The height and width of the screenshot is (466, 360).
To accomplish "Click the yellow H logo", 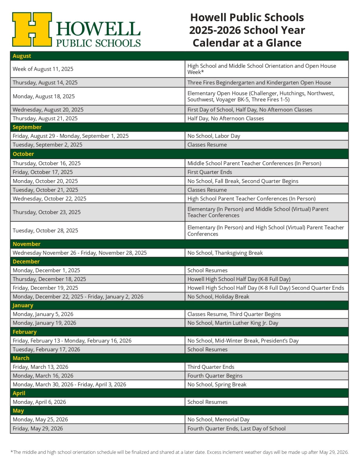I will pyautogui.click(x=32, y=29).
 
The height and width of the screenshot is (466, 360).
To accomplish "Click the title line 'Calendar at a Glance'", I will pyautogui.click(x=247, y=43).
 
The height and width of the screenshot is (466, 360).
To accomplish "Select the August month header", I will pyautogui.click(x=22, y=56).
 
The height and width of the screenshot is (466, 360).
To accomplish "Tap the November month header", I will pyautogui.click(x=26, y=244).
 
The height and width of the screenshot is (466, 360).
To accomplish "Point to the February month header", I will pyautogui.click(x=25, y=332).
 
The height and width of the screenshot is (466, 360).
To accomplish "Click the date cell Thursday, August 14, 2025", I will pyautogui.click(x=45, y=83).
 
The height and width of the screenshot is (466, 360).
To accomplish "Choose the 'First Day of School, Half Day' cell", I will pyautogui.click(x=250, y=110).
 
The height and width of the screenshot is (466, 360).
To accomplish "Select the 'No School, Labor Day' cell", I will pyautogui.click(x=214, y=136).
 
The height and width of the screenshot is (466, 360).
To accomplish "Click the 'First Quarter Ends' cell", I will pyautogui.click(x=210, y=172).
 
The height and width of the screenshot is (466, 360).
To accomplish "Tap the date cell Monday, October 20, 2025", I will pyautogui.click(x=45, y=181).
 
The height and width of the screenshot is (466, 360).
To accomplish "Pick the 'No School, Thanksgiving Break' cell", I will pyautogui.click(x=225, y=253).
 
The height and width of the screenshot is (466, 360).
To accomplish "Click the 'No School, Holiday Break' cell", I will pyautogui.click(x=218, y=296).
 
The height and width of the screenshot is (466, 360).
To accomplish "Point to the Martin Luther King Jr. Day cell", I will pyautogui.click(x=233, y=323).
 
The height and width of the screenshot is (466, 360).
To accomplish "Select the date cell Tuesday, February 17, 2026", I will pyautogui.click(x=46, y=349).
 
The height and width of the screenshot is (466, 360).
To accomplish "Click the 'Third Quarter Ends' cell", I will pyautogui.click(x=211, y=367).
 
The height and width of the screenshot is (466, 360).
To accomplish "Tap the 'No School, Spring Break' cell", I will pyautogui.click(x=217, y=384).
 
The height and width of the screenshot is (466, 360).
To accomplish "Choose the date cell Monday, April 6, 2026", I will pyautogui.click(x=39, y=402).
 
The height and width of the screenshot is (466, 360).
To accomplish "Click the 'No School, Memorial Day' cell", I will pyautogui.click(x=218, y=420).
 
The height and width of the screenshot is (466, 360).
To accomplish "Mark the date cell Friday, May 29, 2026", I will pyautogui.click(x=38, y=428).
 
